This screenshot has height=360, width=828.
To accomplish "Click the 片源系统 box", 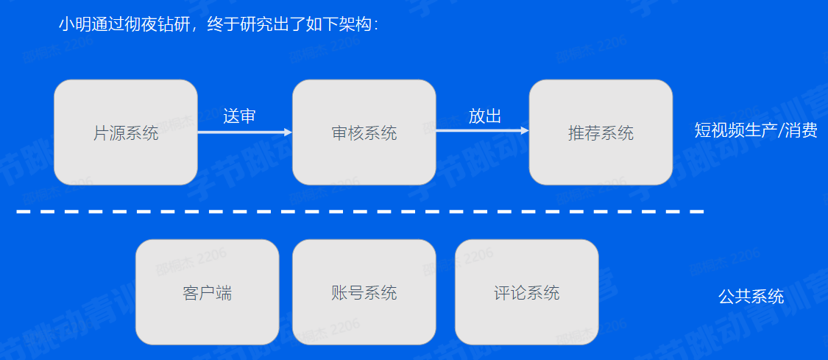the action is [x=126, y=133].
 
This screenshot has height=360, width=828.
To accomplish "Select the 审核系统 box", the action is [x=364, y=133].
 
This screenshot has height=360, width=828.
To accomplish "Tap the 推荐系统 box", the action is [x=601, y=133].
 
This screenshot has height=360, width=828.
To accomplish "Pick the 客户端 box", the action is [x=207, y=292].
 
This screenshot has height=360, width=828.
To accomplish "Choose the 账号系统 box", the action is [x=364, y=292].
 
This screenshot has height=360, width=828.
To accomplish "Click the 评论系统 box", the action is [x=526, y=292].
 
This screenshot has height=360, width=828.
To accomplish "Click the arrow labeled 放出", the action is [x=482, y=132].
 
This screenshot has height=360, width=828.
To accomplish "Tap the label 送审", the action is [x=239, y=116].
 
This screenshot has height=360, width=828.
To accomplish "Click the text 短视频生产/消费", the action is [x=756, y=131].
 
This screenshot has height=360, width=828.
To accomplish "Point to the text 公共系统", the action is [x=751, y=297].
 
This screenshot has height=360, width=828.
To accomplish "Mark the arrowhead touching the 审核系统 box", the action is [x=288, y=133].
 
